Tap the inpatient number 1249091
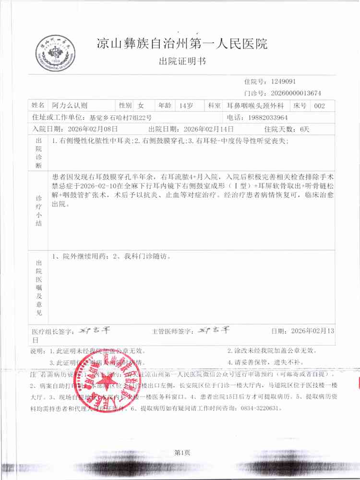click(x=287, y=82)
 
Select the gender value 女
click(x=141, y=105)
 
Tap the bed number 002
click(x=320, y=105)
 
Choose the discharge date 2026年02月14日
click(x=209, y=129)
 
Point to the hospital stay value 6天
click(x=305, y=129)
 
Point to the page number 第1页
click(x=182, y=452)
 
